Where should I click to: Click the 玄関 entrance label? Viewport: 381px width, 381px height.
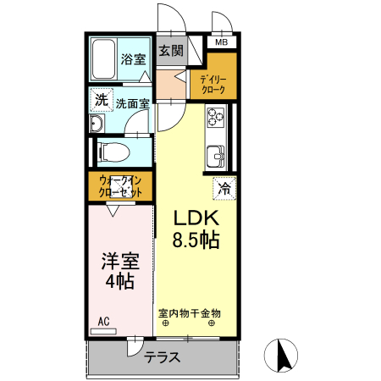[x=171, y=50]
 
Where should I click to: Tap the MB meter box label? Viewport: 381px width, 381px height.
[x=221, y=42]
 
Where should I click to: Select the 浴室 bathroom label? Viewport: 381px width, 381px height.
[x=132, y=59]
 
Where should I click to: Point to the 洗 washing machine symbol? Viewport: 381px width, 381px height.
[x=102, y=100]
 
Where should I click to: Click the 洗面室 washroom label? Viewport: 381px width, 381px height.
[x=133, y=103]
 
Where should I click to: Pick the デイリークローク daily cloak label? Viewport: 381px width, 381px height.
[x=212, y=82]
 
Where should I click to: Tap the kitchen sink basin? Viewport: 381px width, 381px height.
[x=215, y=156]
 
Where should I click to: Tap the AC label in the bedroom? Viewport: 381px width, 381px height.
[x=103, y=320]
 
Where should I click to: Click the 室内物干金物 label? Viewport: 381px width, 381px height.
[x=189, y=312]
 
